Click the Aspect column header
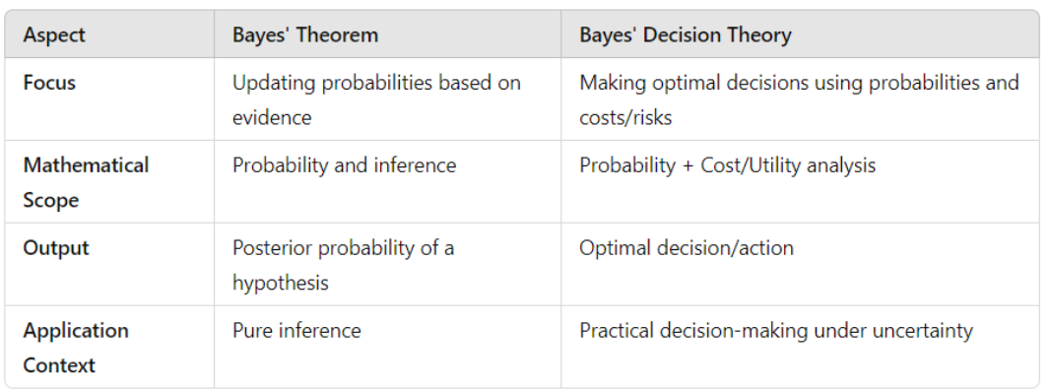pos(54,34)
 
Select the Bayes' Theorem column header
pos(305,34)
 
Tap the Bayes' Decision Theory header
pos(686,34)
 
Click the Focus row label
pos(49,83)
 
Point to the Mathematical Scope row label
pos(86,182)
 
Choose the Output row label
pos(56,248)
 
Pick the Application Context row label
pos(76,348)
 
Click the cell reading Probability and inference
pos(344,165)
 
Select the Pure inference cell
pos(296,331)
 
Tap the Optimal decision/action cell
pos(687,248)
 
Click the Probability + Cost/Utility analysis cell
pos(727,165)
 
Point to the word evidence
pos(272,118)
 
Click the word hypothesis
pos(281,284)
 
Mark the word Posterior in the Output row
pos(272,248)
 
